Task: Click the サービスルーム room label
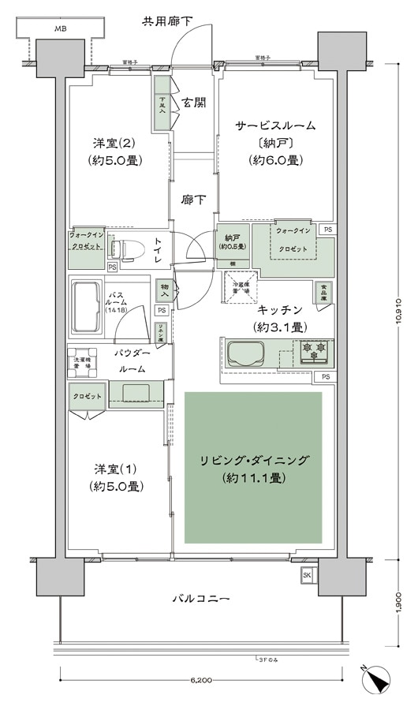(275, 125)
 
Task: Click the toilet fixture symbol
(126, 249)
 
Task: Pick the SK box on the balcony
(306, 576)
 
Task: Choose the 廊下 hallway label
(195, 200)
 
